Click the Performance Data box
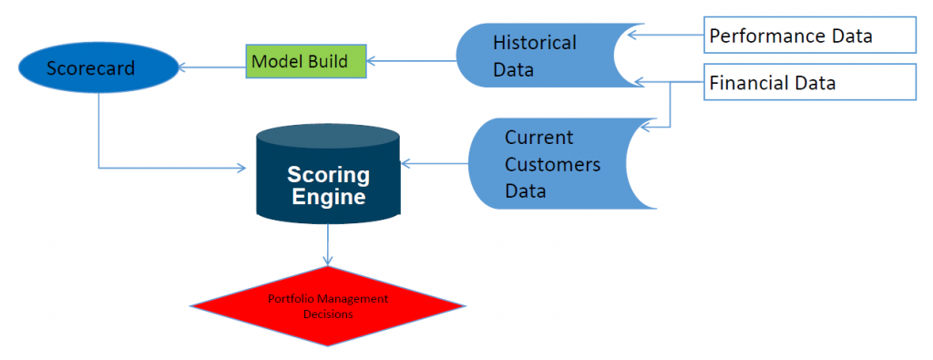pyautogui.click(x=810, y=36)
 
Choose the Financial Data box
pyautogui.click(x=810, y=84)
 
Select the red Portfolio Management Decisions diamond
pyautogui.click(x=327, y=306)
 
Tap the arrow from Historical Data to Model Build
pyautogui.click(x=410, y=62)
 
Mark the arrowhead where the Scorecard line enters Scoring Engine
pyautogui.click(x=241, y=168)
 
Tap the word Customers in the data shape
pyautogui.click(x=552, y=165)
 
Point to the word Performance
pyautogui.click(x=764, y=36)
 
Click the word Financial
pyautogui.click(x=749, y=84)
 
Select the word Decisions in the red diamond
pyautogui.click(x=328, y=314)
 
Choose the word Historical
pyautogui.click(x=534, y=43)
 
